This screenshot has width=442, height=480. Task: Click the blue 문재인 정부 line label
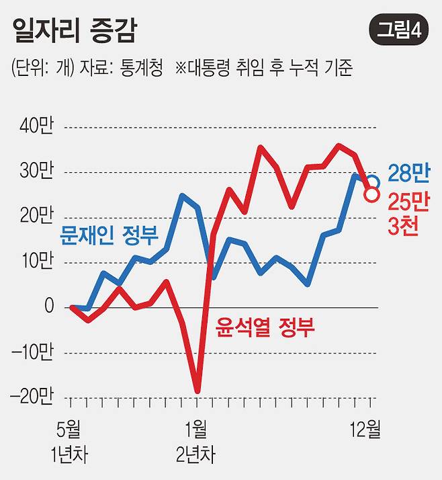pyautogui.click(x=109, y=236)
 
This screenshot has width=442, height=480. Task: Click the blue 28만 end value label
pyautogui.click(x=408, y=174)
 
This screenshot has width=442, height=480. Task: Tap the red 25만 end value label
pyautogui.click(x=408, y=200)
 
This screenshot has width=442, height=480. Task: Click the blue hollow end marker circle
pyautogui.click(x=372, y=182)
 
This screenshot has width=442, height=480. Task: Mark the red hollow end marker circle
pyautogui.click(x=371, y=194)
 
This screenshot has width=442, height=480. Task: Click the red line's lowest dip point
pyautogui.click(x=197, y=391)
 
